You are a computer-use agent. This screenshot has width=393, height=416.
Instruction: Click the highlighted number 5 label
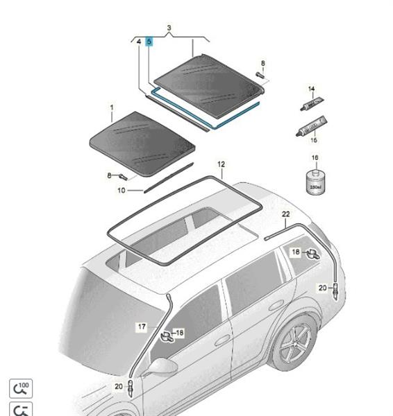pos(149,42)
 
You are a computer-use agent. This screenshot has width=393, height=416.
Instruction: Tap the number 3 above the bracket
pos(169,28)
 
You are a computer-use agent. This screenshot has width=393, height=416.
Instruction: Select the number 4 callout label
pos(138,42)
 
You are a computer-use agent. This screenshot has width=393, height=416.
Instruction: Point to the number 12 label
pos(221,164)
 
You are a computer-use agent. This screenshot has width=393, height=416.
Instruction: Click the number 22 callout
pos(285,214)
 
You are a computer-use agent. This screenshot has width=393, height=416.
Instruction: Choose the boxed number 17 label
pos(142,327)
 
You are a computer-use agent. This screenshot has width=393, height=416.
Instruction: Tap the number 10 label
pos(122,191)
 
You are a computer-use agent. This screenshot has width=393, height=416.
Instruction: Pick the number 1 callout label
pos(112,107)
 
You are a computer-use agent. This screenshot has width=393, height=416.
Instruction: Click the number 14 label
pos(311,89)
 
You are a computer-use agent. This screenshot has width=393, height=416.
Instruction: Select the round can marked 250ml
pos(315,182)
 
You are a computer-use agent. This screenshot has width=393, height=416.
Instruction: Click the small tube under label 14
pos(312,104)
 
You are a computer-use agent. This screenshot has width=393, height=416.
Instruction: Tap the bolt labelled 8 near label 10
pos(123,177)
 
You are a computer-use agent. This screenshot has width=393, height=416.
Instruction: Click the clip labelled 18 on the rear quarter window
pos(312,254)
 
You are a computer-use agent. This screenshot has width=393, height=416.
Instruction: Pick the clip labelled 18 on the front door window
pos(167,336)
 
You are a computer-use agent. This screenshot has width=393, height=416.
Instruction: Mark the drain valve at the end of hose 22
pos(335,290)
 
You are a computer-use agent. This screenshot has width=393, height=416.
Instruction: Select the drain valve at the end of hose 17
pos(131,388)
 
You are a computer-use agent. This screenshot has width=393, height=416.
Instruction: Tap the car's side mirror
pos(162,367)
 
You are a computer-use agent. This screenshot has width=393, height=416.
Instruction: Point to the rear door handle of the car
pos(276,305)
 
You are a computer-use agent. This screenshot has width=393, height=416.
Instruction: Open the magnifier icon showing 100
pos(21,388)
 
